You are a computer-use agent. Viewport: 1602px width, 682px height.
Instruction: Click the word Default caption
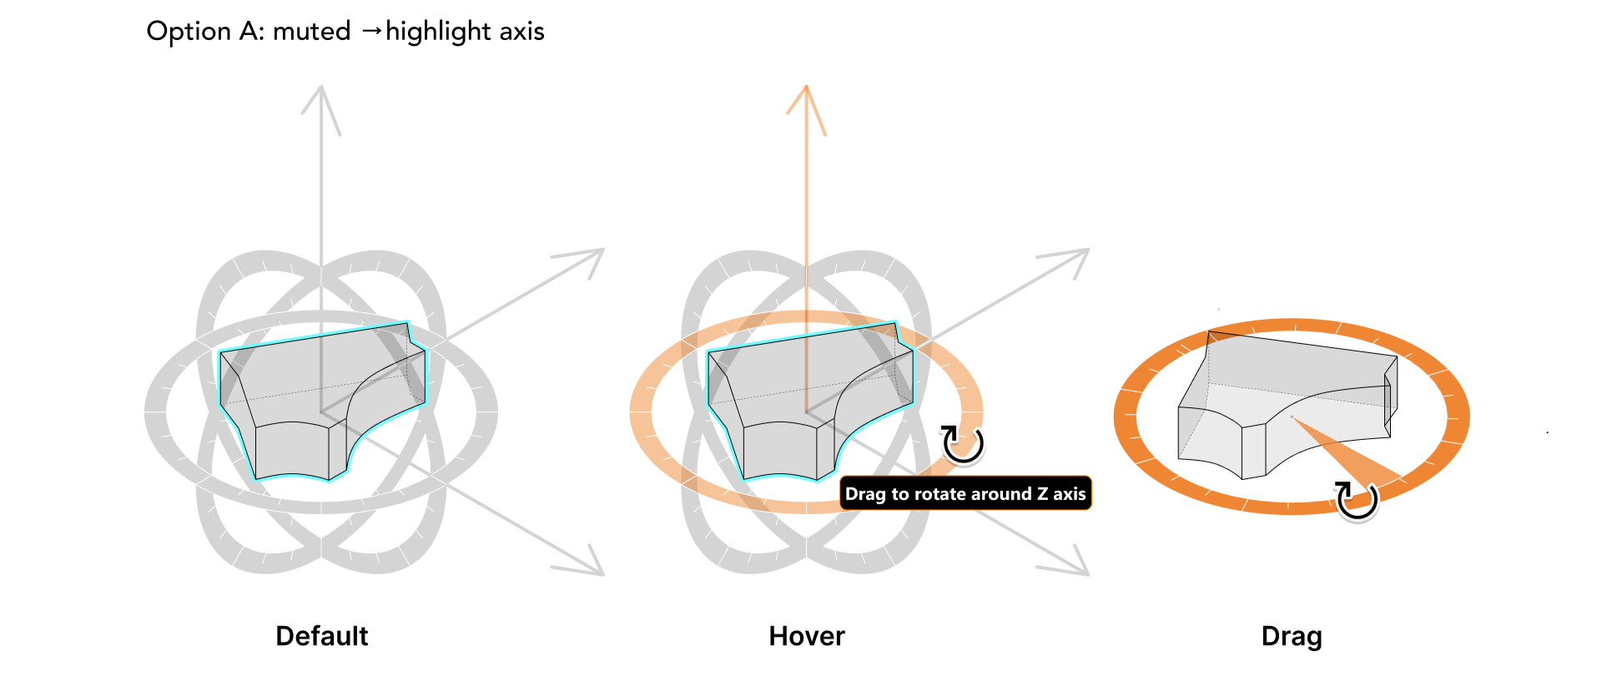321,636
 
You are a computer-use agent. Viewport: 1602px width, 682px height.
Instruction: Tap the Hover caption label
806,636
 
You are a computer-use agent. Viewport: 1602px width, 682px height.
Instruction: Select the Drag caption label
1292,636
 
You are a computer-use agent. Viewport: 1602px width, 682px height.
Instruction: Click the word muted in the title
311,32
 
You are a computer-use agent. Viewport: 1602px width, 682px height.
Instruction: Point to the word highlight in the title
438,32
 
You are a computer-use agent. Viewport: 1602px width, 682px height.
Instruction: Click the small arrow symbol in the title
372,32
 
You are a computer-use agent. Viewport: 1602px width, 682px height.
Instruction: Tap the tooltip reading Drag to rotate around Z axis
965,493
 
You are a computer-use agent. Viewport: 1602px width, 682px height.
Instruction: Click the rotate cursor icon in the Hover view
963,443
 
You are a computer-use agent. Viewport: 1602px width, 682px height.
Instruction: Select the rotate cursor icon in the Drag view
1356,500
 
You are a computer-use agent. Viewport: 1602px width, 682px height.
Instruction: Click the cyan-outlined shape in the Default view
322,402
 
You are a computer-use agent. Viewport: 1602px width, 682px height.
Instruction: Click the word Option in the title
189,32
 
